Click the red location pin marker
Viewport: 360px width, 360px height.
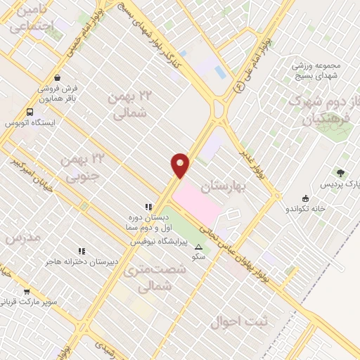tap(181, 165)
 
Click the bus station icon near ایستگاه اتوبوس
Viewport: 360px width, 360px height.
tap(30, 112)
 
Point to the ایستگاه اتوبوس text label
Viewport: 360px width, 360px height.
tap(30, 123)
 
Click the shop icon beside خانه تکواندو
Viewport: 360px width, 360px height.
tap(304, 198)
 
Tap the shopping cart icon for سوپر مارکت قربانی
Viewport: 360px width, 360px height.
tap(27, 292)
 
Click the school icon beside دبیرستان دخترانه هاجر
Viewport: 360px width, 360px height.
tap(82, 250)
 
